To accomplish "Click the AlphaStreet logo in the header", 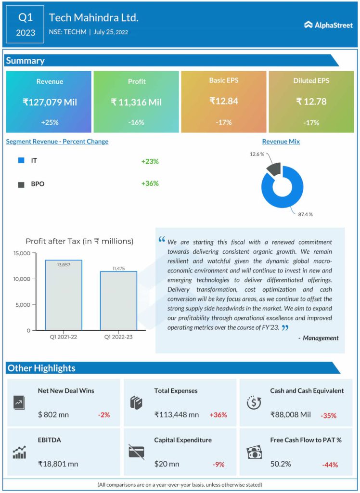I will pos(328,25).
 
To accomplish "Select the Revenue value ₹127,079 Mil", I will pos(49,102).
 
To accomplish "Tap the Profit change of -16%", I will pos(136,122).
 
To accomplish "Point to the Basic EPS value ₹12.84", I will pos(224,101).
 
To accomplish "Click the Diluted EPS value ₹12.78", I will pos(311,101).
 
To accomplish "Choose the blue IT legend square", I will pos(21,161).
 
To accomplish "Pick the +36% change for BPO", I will pos(150,183).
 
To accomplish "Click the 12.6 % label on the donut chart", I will pos(257,154).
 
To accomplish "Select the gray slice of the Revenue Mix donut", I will pos(273,169).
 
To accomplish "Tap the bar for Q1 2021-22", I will pos(64,295).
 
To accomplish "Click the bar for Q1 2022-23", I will pos(118,300).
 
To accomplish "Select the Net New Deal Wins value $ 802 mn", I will pos(53,415).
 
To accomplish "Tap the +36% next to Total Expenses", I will pos(218,415).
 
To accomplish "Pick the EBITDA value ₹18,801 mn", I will pos(58,464).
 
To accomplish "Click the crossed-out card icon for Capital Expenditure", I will pos(136,452).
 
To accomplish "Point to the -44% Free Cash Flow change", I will pos(330,465).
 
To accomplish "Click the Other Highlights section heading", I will pos(41,368).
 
